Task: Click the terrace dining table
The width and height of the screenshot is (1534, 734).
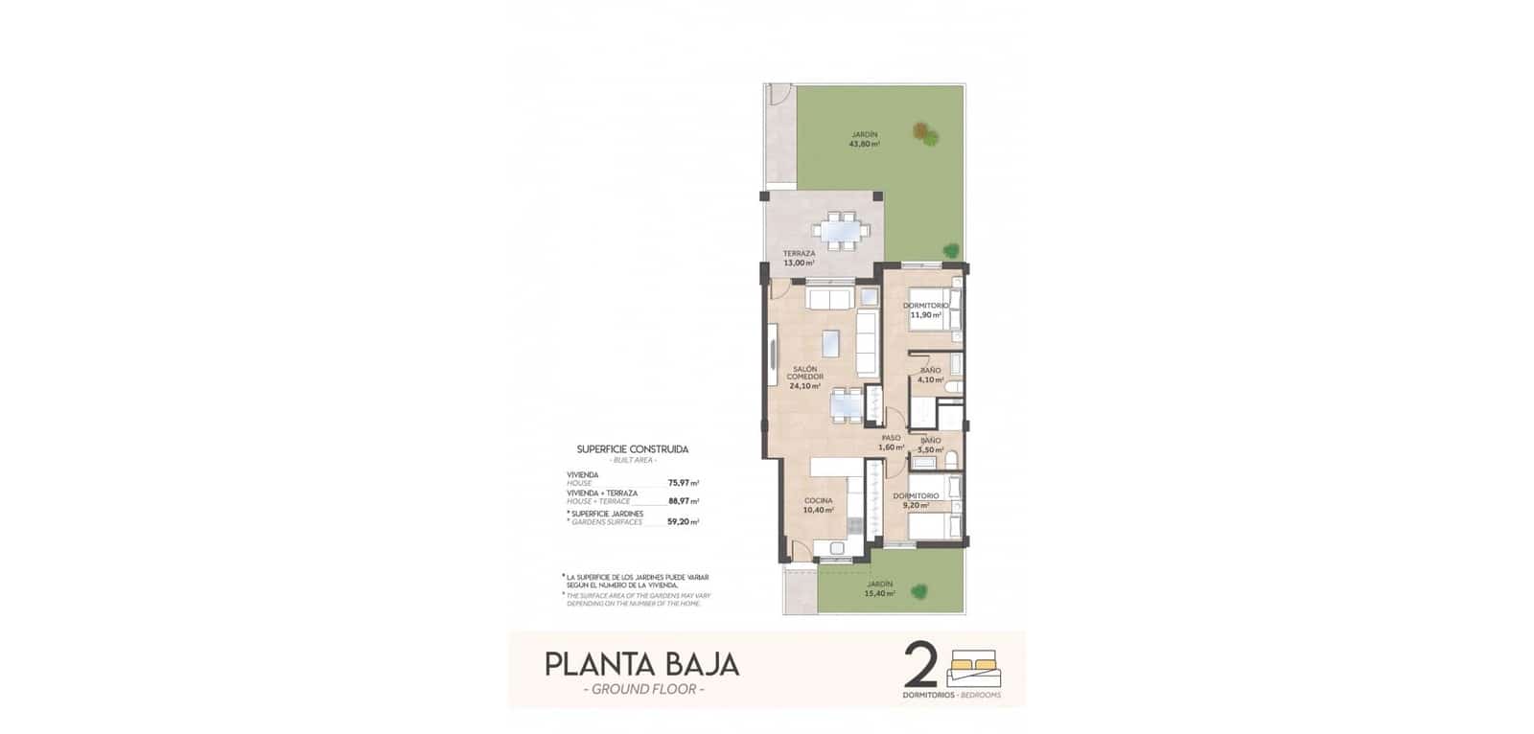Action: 841,230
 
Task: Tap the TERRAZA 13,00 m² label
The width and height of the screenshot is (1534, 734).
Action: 798,258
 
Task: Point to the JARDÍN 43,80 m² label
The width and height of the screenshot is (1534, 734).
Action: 864,139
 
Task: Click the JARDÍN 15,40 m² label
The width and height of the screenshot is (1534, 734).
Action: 879,588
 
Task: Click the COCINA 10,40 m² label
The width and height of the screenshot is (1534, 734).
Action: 819,505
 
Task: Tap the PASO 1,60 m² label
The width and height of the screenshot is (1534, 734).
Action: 892,442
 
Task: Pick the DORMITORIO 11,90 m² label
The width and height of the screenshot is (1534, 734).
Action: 925,310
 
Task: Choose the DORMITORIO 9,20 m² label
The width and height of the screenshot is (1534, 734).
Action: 915,500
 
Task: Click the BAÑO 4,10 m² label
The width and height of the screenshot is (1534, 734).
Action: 929,375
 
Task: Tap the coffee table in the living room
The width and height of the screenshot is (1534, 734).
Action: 830,346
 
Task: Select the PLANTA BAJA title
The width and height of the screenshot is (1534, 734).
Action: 641,663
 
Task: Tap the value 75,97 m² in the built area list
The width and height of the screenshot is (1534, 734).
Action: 683,483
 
